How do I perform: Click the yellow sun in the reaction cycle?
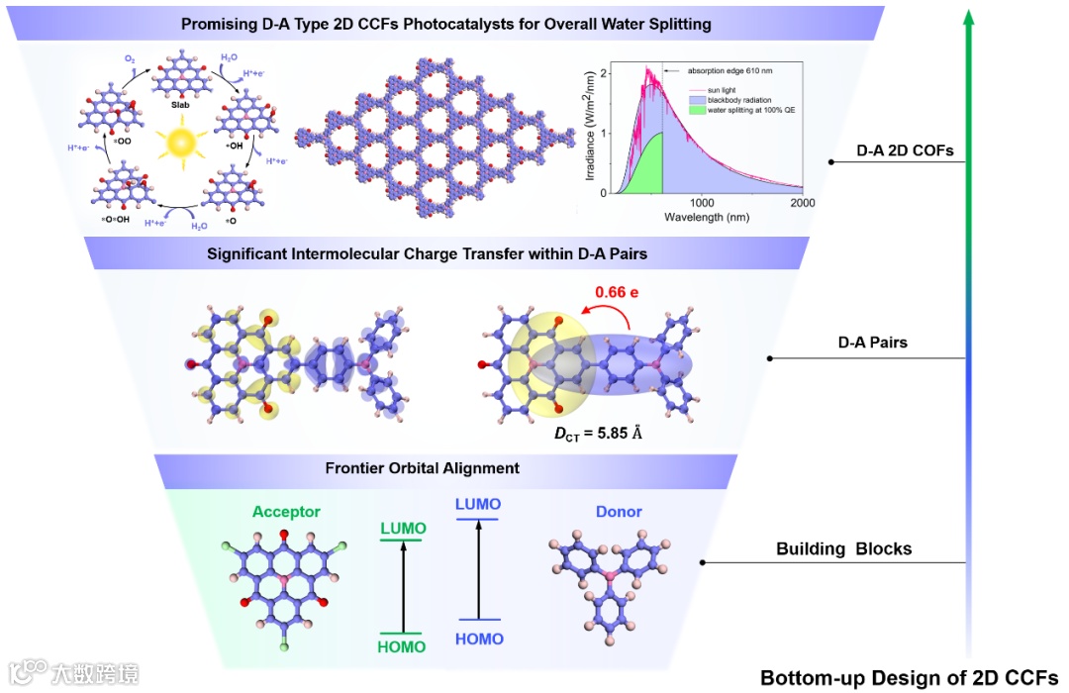click(183, 142)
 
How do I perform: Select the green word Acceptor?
click(286, 512)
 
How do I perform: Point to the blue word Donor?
click(619, 512)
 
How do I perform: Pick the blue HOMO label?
click(479, 639)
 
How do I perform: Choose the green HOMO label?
click(401, 646)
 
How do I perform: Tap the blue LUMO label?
click(478, 504)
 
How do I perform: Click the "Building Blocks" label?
click(844, 548)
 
